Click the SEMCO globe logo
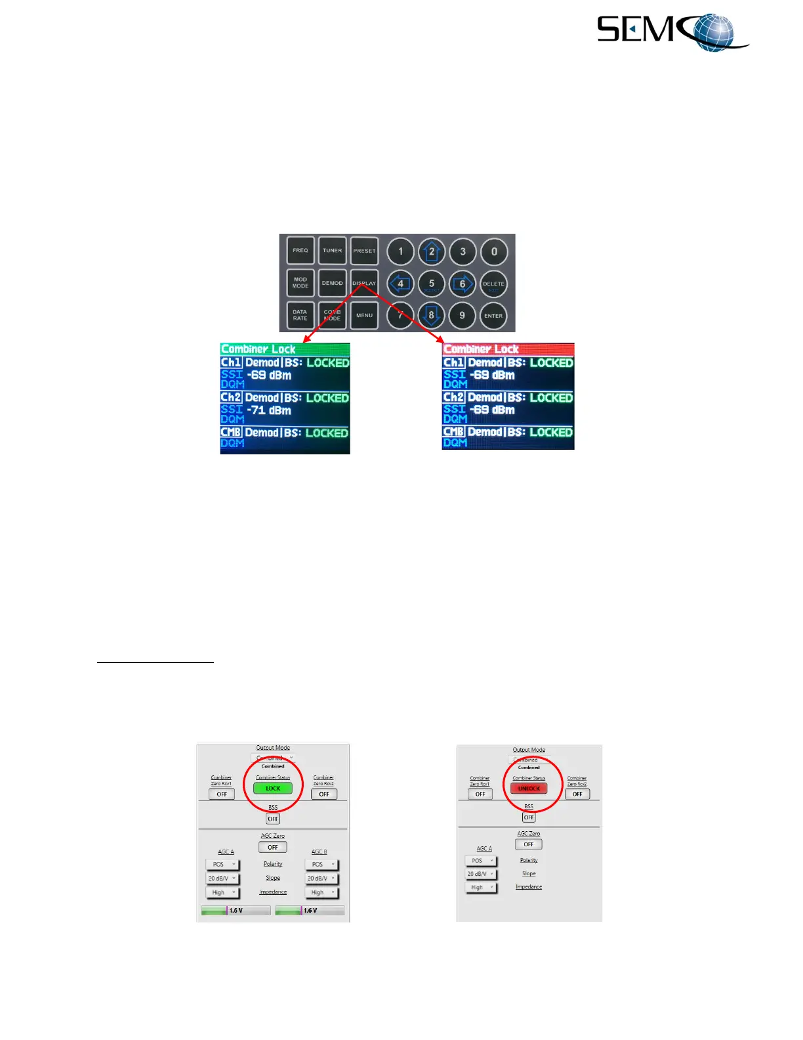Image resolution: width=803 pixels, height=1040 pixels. (672, 32)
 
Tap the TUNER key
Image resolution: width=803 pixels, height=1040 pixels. (332, 251)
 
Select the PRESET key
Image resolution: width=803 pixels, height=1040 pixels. (364, 251)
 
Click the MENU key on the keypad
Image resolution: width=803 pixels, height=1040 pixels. (364, 316)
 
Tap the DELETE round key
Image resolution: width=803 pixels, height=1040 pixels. (493, 284)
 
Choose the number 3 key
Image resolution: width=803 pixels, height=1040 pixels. (463, 251)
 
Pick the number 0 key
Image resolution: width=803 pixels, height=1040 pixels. (494, 251)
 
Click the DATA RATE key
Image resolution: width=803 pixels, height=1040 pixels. (300, 316)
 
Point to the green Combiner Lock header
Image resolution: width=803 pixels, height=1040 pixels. (285, 349)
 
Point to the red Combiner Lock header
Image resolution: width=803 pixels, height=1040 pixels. (508, 349)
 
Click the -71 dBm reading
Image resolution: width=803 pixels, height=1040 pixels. (269, 410)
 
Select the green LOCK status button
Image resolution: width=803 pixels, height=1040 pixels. (273, 789)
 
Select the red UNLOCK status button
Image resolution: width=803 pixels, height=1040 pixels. (529, 789)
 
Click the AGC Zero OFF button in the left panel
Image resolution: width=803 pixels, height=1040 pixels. (273, 848)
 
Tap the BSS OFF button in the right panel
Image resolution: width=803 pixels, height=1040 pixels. (529, 817)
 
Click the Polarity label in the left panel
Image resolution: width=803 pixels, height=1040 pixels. (273, 864)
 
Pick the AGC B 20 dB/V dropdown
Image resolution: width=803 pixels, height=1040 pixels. (321, 878)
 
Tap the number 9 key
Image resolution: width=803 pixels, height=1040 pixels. (463, 316)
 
